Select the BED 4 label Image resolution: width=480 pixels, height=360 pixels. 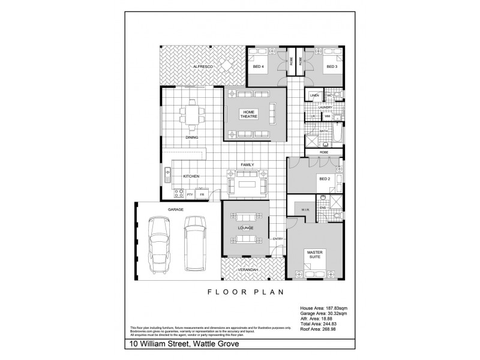257,67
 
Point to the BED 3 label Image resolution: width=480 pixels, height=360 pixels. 331,67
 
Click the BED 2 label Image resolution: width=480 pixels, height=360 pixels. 325,179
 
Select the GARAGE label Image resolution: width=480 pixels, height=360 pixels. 176,209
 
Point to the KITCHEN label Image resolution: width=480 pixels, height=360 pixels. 191,176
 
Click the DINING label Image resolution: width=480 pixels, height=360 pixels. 192,138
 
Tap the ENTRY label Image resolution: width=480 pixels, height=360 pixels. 278,239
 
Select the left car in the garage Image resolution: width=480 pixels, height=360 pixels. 160,244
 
